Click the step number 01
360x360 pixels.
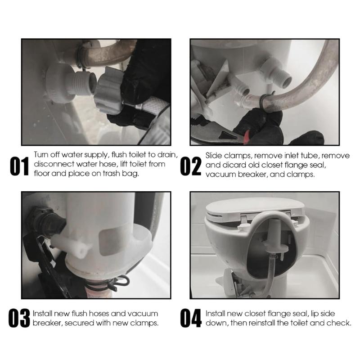pos(19,166)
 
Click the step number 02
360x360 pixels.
pos(190,166)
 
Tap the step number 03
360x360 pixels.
pos(19,318)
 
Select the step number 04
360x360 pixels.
pos(190,318)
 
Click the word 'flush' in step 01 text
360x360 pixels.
pos(119,155)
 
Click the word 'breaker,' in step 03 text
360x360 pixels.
pos(47,323)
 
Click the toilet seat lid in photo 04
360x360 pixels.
pos(255,208)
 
